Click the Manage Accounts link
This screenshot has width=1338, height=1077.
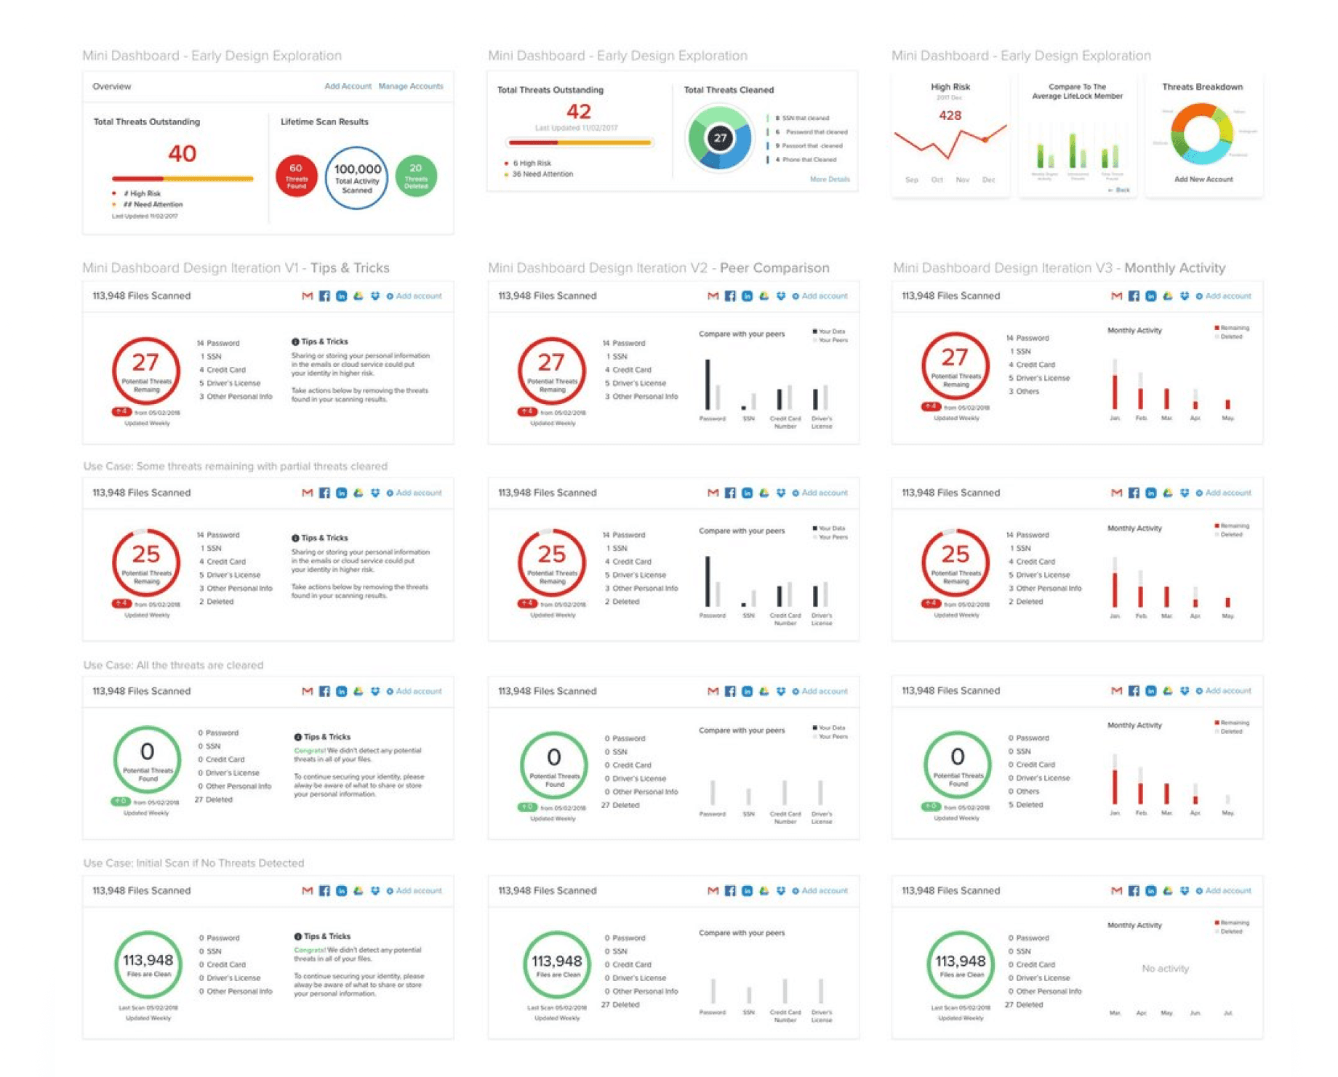[410, 86]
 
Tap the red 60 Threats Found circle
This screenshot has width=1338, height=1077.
[296, 176]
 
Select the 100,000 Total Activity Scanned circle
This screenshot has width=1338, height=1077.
[356, 177]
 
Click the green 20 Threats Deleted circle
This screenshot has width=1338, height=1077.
[416, 176]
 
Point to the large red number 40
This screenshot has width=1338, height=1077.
[182, 153]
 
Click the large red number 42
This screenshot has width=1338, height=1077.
[578, 111]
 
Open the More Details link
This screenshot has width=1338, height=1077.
[829, 179]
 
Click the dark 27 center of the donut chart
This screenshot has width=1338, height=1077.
[720, 138]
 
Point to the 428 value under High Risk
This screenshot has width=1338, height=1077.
[950, 116]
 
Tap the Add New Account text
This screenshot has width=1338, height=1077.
[1203, 179]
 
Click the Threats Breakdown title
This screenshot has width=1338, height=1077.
[1202, 86]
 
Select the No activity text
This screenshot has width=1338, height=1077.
[1165, 968]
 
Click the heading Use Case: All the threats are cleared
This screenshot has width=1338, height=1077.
[173, 665]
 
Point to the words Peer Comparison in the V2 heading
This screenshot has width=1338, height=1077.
[774, 267]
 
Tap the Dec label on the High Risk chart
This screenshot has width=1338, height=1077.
[988, 179]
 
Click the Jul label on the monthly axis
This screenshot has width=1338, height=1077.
[1227, 1013]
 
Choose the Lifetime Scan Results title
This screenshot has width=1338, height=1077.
[324, 121]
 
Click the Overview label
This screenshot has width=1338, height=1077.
[111, 86]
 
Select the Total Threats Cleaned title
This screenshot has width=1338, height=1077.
[728, 89]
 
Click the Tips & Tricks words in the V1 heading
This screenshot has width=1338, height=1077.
[350, 267]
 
